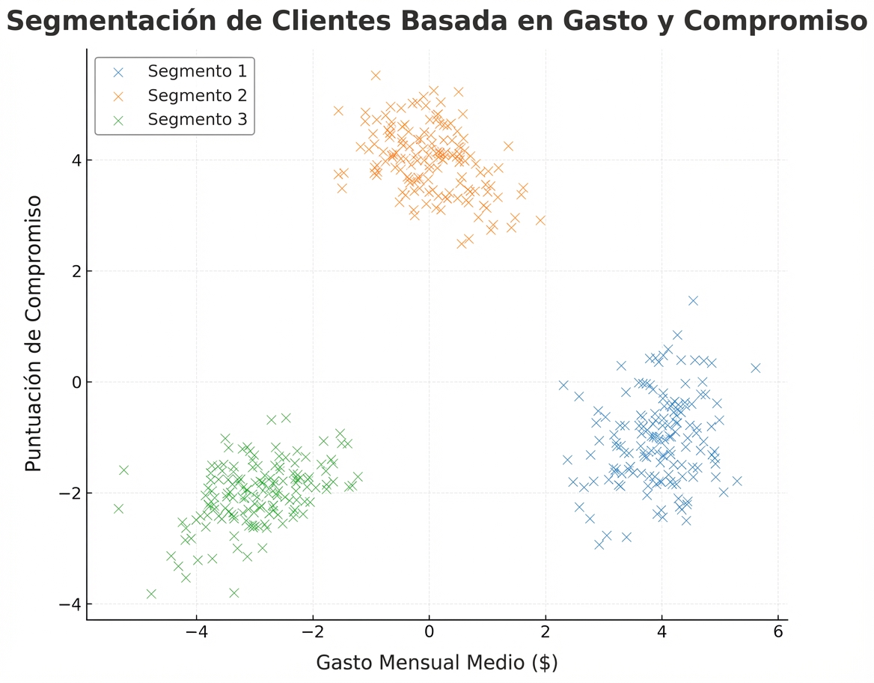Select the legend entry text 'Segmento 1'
[197, 71]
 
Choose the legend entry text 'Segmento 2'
[197, 95]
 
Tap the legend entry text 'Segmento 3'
[197, 119]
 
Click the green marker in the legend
[117, 120]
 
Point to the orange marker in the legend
[117, 96]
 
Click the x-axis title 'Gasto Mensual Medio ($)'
[436, 662]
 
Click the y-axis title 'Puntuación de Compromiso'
[33, 333]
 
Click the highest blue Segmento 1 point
[693, 300]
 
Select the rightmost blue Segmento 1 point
[755, 368]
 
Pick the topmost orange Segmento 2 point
[376, 75]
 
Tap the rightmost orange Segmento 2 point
[540, 220]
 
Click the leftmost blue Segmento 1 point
[563, 385]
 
